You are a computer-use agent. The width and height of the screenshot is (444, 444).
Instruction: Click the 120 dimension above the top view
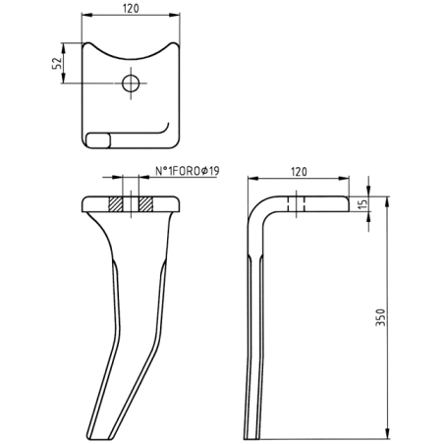130,9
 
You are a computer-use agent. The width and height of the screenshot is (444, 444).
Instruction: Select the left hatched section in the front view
116,205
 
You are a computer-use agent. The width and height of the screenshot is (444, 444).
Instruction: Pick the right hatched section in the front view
145,205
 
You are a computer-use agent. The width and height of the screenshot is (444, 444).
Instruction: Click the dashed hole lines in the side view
296,205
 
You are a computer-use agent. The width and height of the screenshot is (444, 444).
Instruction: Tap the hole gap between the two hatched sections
131,205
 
